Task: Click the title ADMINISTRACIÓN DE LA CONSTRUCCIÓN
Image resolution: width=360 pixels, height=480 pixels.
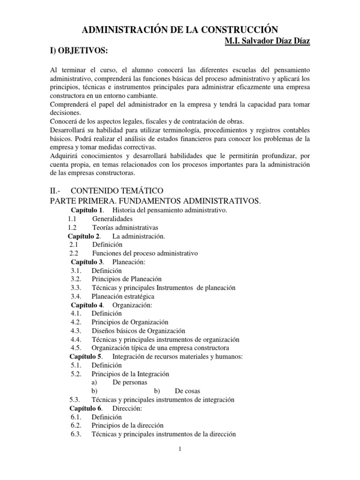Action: tap(180, 30)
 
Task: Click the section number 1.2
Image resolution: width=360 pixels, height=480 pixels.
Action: tap(72, 227)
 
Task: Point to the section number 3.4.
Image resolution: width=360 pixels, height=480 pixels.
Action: tap(76, 296)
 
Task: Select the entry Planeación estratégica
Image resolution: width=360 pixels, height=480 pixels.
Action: tap(123, 296)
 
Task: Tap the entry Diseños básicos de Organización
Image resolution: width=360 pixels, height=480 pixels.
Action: tap(138, 330)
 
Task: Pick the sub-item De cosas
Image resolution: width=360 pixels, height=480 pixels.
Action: tap(185, 391)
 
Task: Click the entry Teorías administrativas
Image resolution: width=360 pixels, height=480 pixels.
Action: tap(125, 227)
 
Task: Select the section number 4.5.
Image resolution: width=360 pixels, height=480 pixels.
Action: tap(76, 348)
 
